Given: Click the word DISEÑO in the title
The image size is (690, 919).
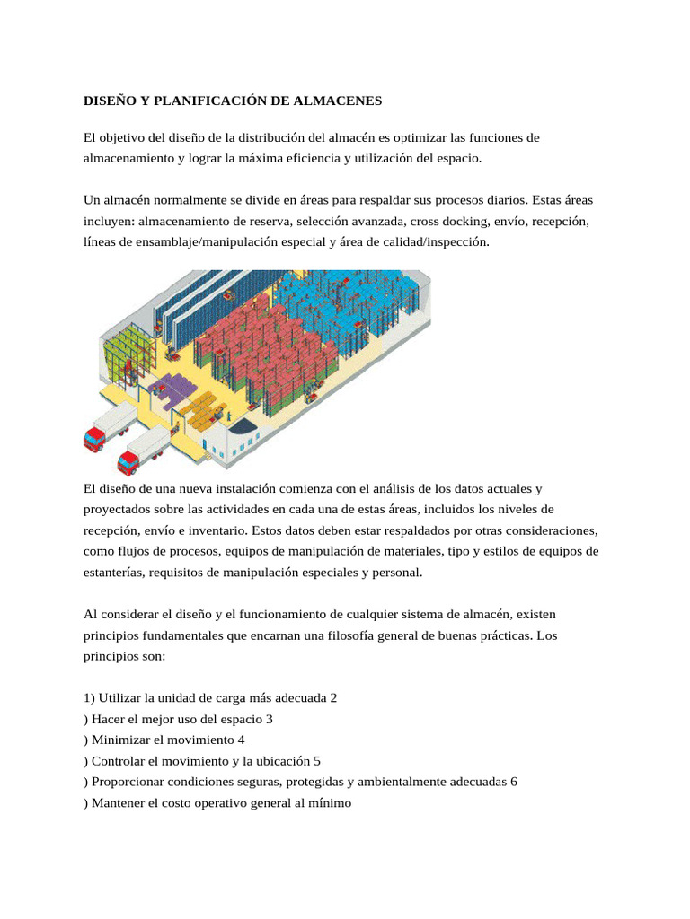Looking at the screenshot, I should (x=110, y=101).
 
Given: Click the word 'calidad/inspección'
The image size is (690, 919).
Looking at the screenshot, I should (x=438, y=241).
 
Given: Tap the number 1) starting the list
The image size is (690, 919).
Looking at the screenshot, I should (x=89, y=697).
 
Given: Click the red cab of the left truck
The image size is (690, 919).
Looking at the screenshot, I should (x=93, y=437).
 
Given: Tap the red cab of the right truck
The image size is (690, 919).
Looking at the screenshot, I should (x=128, y=461).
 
